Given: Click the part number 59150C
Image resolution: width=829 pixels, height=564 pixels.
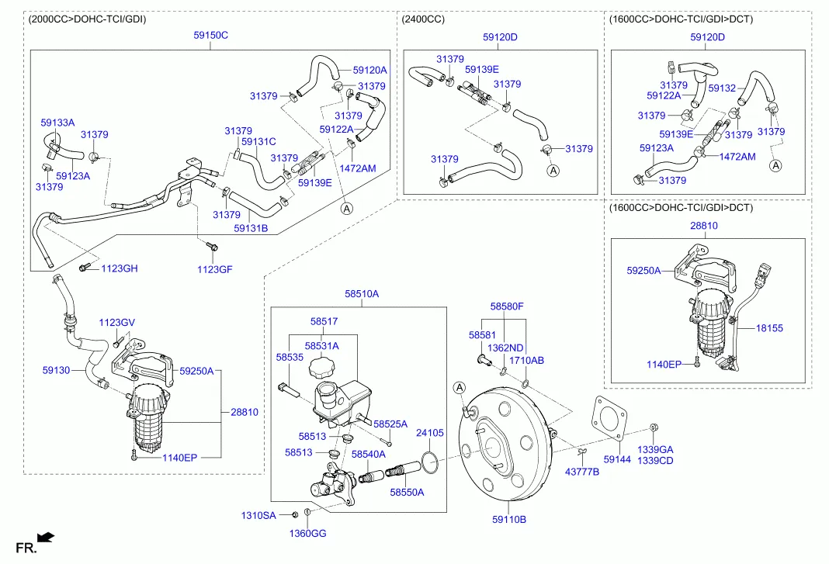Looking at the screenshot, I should (x=210, y=36).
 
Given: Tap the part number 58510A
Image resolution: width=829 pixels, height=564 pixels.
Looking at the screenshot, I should (x=362, y=294).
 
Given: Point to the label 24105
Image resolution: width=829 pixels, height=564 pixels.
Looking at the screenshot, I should (x=430, y=433).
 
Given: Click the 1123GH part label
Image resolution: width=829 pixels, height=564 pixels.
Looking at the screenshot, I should (x=119, y=268).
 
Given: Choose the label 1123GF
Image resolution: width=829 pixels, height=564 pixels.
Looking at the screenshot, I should (x=214, y=269).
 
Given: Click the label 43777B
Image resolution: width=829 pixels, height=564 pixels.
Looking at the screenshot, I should (x=581, y=472).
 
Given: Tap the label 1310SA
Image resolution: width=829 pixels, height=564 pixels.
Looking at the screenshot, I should (x=258, y=515).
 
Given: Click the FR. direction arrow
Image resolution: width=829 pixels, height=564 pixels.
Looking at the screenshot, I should (x=46, y=536).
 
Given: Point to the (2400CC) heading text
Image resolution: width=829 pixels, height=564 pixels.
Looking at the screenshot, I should (x=423, y=19).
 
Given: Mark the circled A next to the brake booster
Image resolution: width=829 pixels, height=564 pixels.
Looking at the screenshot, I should (x=460, y=387).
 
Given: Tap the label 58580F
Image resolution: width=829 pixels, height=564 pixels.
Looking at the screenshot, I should (x=507, y=306).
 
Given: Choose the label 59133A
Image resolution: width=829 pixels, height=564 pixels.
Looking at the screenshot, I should (x=57, y=123).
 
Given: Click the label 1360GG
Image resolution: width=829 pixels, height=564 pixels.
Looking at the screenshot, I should (x=307, y=533).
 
